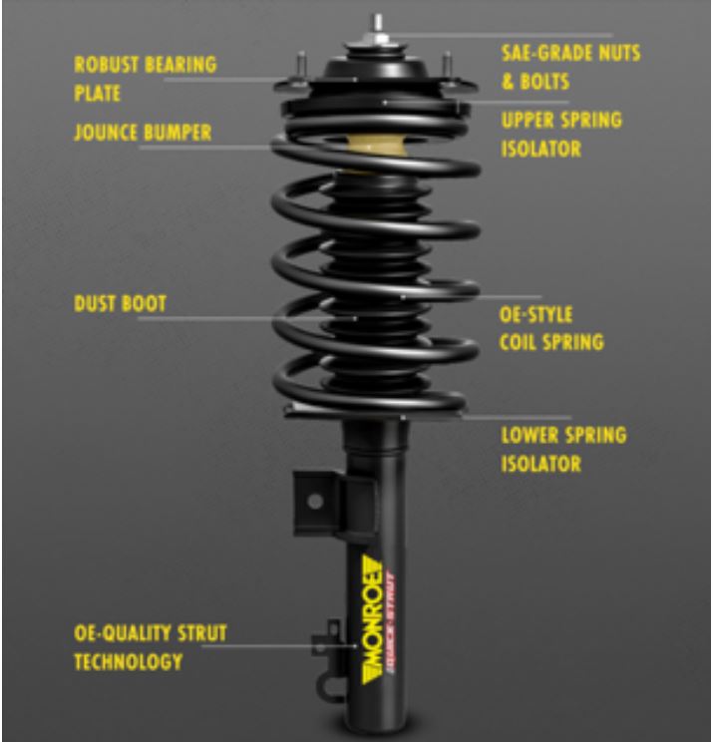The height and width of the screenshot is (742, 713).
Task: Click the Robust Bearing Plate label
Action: click(144, 78)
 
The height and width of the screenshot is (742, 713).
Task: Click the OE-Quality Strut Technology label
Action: click(151, 647)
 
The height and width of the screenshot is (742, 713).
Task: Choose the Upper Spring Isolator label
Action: click(560, 135)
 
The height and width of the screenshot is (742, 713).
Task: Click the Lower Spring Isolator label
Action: click(562, 450)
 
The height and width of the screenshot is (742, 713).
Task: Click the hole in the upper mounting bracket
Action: click(315, 502)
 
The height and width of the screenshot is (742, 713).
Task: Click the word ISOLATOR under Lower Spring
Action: click(540, 465)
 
